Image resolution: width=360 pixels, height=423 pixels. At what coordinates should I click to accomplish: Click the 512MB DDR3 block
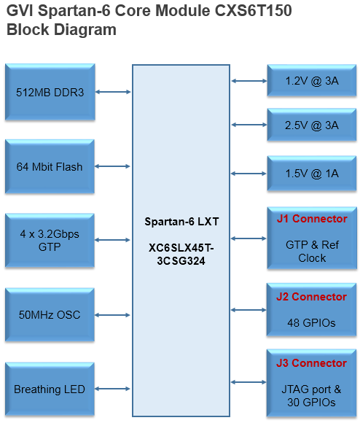pyautogui.click(x=50, y=92)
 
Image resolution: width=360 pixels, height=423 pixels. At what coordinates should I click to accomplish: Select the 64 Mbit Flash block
pyautogui.click(x=50, y=166)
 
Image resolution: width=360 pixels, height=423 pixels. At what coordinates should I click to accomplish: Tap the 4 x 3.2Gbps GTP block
pyautogui.click(x=50, y=241)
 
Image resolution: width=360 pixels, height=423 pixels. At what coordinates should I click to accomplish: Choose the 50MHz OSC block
pyautogui.click(x=50, y=315)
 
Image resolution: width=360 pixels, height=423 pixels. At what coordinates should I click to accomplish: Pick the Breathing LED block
pyautogui.click(x=50, y=389)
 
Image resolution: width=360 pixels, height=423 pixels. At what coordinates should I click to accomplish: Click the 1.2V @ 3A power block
pyautogui.click(x=312, y=81)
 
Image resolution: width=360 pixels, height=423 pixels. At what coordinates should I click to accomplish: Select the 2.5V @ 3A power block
pyautogui.click(x=312, y=125)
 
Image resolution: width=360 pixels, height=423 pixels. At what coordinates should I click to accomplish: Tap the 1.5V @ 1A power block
pyautogui.click(x=312, y=174)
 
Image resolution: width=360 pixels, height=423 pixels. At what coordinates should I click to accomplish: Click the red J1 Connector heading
pyautogui.click(x=312, y=219)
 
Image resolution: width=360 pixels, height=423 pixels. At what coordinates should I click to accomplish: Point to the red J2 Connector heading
pyautogui.click(x=311, y=297)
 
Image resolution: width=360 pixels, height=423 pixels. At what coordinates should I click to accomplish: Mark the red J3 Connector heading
pyautogui.click(x=311, y=363)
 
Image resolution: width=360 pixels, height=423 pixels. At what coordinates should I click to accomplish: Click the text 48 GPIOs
pyautogui.click(x=311, y=323)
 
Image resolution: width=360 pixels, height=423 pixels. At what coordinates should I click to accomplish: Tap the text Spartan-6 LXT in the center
pyautogui.click(x=181, y=222)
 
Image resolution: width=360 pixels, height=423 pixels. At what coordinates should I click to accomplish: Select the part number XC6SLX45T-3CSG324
pyautogui.click(x=181, y=255)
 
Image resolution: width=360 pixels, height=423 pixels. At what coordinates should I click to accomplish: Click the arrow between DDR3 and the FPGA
pyautogui.click(x=113, y=92)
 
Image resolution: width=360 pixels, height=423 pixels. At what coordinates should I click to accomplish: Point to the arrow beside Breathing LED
pyautogui.click(x=112, y=389)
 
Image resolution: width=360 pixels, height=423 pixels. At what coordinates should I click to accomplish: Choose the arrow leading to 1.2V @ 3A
pyautogui.click(x=249, y=81)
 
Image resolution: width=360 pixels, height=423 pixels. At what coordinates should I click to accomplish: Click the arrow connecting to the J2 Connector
pyautogui.click(x=249, y=310)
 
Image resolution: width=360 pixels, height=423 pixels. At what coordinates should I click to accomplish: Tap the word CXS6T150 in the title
pyautogui.click(x=254, y=11)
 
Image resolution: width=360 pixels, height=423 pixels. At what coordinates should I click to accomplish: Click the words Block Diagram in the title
pyautogui.click(x=61, y=29)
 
